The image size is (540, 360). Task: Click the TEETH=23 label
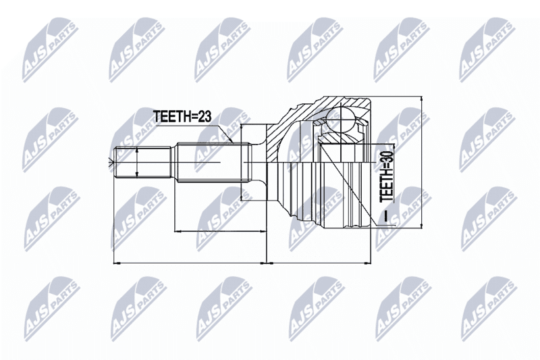[x=182, y=116]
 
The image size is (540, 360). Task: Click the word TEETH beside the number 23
[x=170, y=116]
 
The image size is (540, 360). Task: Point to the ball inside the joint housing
[x=340, y=119]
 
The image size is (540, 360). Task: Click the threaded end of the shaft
[x=142, y=162]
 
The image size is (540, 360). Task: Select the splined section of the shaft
[x=213, y=162]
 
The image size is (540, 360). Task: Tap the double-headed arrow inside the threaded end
[x=137, y=163]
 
